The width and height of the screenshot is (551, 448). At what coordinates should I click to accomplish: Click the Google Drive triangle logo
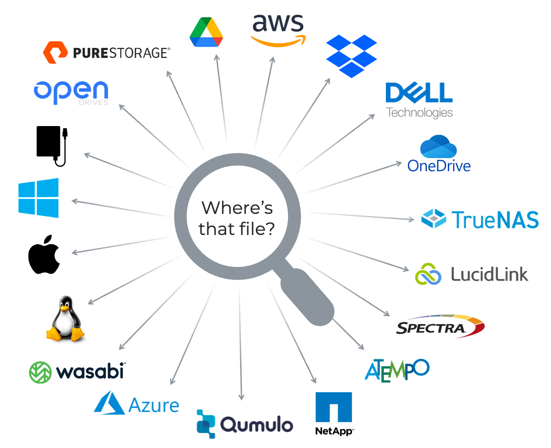(206, 33)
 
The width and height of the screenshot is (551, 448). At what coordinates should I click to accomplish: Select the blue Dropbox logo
(351, 56)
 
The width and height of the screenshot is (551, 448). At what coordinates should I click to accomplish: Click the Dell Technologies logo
(419, 100)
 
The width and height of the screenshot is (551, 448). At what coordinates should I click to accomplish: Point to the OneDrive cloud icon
(438, 147)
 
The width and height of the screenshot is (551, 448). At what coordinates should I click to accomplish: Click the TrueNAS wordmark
(495, 220)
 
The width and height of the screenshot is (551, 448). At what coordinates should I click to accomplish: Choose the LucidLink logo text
(489, 275)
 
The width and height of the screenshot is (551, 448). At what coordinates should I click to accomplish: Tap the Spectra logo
(439, 326)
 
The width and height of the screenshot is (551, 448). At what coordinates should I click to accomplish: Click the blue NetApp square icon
(334, 407)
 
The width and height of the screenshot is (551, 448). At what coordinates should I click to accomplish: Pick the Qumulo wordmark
(256, 425)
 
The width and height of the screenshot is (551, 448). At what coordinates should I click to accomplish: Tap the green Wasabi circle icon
(40, 372)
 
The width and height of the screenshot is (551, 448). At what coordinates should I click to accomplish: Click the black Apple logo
(44, 255)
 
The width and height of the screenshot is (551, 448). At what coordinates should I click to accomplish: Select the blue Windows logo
(39, 198)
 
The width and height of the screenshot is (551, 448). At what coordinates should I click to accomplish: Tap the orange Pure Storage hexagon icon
(55, 53)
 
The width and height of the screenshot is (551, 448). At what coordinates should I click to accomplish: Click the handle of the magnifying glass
(307, 297)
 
